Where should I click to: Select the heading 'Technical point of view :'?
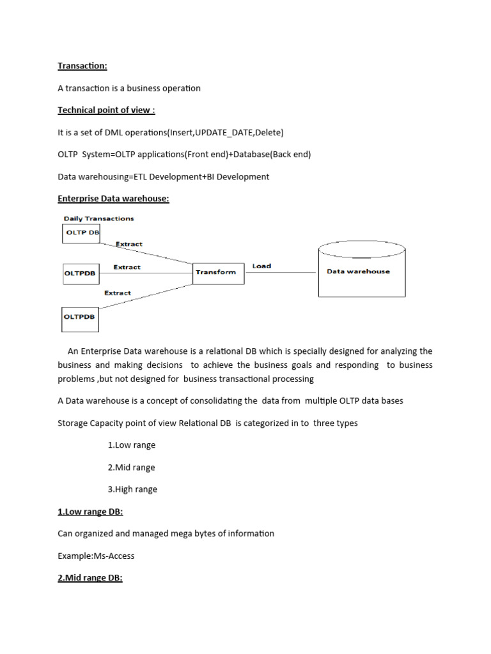click(106, 110)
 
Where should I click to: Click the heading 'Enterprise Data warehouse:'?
click(113, 199)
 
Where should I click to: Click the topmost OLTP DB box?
click(81, 233)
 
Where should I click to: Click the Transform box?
click(217, 272)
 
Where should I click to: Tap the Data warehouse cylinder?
click(358, 271)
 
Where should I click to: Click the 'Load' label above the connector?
click(261, 266)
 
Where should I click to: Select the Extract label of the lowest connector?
click(117, 293)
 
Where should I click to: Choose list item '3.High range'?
click(132, 489)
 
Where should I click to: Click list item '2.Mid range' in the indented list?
click(131, 468)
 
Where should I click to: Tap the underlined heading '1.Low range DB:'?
click(90, 512)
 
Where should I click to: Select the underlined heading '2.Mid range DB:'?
click(90, 578)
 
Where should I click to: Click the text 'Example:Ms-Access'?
click(96, 556)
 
